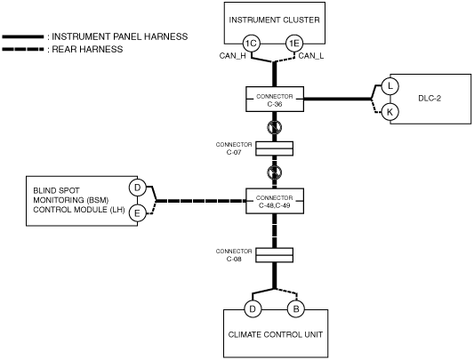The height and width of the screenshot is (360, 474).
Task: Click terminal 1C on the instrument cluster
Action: coord(251,44)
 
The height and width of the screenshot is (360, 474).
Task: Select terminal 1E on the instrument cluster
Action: coord(294,44)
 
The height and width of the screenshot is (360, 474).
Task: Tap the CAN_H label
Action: coord(232,56)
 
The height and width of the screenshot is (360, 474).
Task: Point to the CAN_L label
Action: coord(311,56)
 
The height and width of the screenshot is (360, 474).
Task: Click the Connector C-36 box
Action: coord(275,100)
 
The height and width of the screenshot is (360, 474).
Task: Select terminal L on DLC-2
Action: coord(390,86)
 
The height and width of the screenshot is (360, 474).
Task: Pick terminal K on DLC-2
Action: coord(390,112)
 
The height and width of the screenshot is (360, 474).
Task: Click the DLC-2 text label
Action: coord(430,99)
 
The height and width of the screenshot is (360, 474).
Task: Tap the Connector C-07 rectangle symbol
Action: coord(275,148)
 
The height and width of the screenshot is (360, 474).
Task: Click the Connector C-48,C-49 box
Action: coord(275,201)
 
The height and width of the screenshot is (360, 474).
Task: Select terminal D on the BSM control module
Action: coord(138,188)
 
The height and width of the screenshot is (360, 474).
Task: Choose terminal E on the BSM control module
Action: coord(138,213)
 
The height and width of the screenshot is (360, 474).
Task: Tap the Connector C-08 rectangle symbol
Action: coord(275,255)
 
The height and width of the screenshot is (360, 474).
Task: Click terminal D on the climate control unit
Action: coord(253,309)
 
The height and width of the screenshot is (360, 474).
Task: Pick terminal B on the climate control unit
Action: coord(296,309)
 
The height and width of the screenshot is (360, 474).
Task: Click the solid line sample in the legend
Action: coord(23,36)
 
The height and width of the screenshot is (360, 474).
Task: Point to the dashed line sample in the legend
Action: coord(23,49)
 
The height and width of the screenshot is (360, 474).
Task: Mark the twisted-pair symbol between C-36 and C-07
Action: coord(275,127)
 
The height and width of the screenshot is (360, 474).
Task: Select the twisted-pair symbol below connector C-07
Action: coord(275,172)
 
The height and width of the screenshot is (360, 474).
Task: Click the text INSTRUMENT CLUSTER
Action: coord(275,20)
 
